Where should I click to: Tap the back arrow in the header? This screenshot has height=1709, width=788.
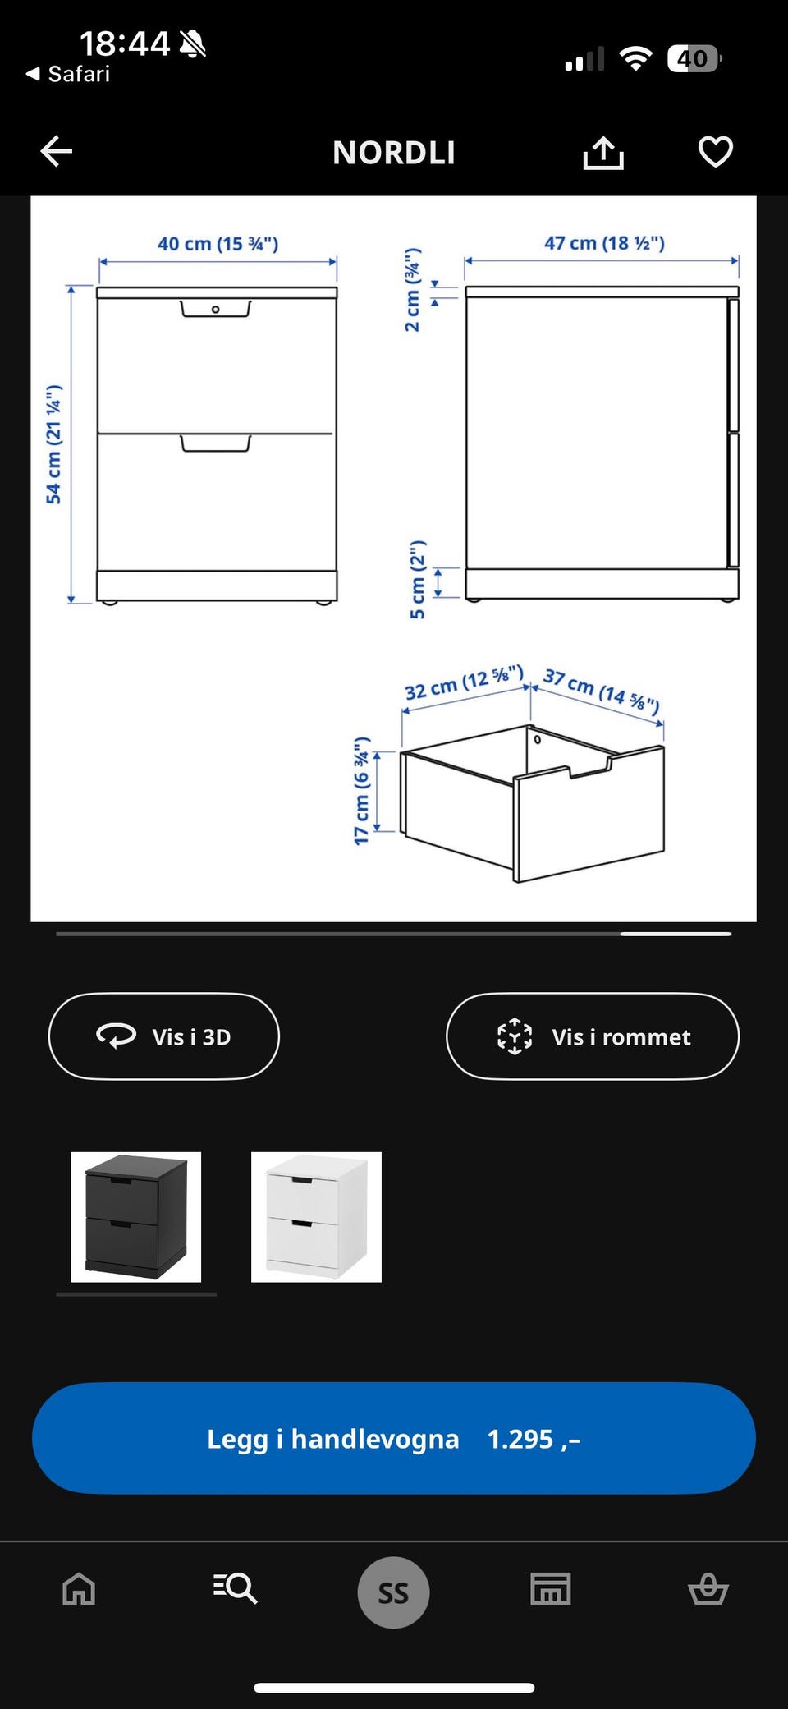click(x=57, y=151)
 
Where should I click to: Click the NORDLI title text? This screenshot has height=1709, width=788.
click(x=394, y=153)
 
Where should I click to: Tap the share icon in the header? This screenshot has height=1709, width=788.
click(x=603, y=152)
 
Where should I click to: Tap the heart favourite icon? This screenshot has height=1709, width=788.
click(x=715, y=152)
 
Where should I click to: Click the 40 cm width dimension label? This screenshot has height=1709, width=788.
click(x=218, y=244)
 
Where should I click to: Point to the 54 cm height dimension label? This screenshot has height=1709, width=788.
click(x=53, y=444)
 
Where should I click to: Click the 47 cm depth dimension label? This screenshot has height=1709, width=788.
click(x=604, y=243)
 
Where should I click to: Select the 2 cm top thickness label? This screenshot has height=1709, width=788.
click(x=412, y=290)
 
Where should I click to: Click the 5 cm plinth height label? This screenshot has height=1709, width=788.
click(x=418, y=580)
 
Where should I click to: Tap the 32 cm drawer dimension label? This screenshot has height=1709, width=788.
click(x=464, y=682)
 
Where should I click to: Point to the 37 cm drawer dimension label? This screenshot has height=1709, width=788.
click(x=602, y=691)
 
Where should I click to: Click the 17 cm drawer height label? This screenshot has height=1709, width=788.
click(x=361, y=791)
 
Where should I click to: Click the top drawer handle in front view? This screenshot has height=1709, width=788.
click(x=216, y=309)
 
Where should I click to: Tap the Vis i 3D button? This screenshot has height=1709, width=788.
click(x=164, y=1036)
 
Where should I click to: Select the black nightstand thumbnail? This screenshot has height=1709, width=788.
click(x=135, y=1217)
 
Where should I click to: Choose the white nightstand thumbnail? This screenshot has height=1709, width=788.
click(x=316, y=1217)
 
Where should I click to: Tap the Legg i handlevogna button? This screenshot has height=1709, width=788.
click(x=394, y=1438)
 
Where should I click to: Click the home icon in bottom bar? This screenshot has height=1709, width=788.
click(x=79, y=1588)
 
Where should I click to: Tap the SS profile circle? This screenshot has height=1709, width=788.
click(x=393, y=1592)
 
